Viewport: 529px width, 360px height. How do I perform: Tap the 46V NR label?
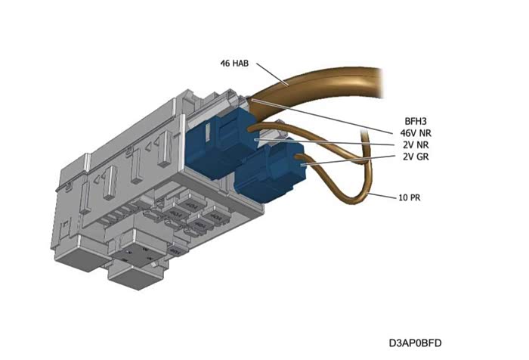click(416, 132)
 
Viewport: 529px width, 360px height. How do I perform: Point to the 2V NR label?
click(415, 144)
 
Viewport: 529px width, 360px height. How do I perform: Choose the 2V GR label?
click(415, 157)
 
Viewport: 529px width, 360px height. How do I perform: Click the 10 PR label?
click(410, 198)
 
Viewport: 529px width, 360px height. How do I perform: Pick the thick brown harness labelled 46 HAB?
click(333, 79)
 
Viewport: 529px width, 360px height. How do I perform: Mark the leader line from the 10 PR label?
click(382, 196)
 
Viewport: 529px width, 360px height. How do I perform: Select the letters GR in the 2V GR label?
click(422, 157)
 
